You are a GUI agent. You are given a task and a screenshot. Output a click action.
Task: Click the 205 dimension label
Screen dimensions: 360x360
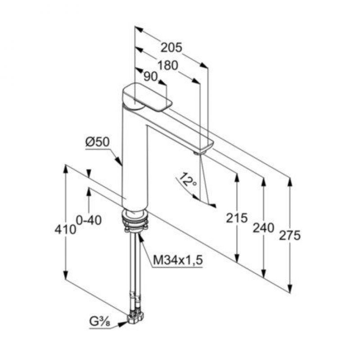[x=171, y=48]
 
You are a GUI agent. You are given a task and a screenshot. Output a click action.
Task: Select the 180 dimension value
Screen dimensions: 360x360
[x=167, y=65]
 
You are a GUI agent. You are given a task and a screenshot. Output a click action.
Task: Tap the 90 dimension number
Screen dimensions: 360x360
[x=150, y=76]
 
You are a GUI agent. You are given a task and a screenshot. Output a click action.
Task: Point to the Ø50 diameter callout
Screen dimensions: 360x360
[x=97, y=142]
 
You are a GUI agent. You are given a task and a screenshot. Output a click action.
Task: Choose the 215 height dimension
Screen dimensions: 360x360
[x=237, y=218]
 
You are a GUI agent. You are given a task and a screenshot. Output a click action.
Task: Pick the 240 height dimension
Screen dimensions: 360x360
[x=263, y=228]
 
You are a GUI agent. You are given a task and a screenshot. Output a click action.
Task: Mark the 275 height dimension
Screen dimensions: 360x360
[x=290, y=235]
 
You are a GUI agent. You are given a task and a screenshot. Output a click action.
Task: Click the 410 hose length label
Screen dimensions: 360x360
[x=65, y=229]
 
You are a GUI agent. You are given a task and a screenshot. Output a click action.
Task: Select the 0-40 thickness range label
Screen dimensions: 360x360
[x=89, y=220]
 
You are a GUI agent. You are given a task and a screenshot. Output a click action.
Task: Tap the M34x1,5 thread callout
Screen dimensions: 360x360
[x=178, y=261]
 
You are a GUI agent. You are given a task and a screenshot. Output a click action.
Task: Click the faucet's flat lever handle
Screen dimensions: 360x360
[x=147, y=98]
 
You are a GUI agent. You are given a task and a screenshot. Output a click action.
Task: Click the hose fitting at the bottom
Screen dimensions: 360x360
[x=135, y=317]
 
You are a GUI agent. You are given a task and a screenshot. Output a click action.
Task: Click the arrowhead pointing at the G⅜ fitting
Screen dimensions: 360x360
[x=123, y=324]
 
